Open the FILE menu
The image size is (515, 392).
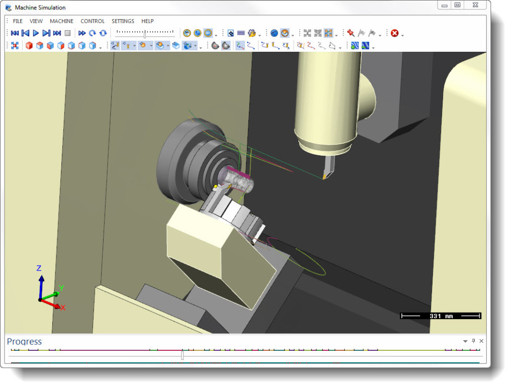[x=18, y=21]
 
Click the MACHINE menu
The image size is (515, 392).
[x=61, y=21]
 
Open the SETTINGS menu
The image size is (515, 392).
[x=123, y=21]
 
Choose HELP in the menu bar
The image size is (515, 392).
[x=147, y=21]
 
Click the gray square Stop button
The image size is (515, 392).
[x=67, y=33]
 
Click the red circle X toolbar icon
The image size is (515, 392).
[x=395, y=33]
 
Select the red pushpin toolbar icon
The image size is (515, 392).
[x=351, y=33]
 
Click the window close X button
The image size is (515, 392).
[x=474, y=5]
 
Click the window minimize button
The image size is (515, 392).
[x=444, y=5]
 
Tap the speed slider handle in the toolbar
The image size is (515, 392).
[x=145, y=34]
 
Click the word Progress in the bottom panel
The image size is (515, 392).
[x=24, y=342]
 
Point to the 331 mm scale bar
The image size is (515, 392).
[x=441, y=316]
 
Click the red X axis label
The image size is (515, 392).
[x=63, y=308]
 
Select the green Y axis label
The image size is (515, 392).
[x=61, y=288]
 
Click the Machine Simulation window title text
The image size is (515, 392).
[x=40, y=8]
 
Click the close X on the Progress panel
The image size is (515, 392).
[x=481, y=341]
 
